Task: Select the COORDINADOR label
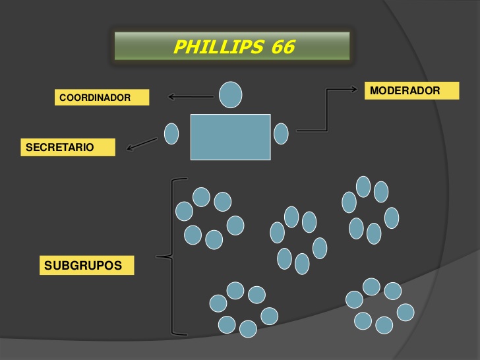click(x=101, y=98)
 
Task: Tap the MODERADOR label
click(x=411, y=91)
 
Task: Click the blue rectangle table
click(x=231, y=137)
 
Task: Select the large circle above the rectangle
click(x=230, y=94)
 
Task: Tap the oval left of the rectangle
click(x=171, y=134)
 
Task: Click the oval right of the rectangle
click(x=281, y=134)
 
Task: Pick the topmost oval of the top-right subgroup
click(x=364, y=187)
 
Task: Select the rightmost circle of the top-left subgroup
click(x=235, y=225)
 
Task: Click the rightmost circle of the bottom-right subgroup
click(x=405, y=312)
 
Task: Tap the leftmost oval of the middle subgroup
click(x=278, y=232)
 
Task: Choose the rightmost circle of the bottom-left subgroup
click(x=269, y=316)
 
